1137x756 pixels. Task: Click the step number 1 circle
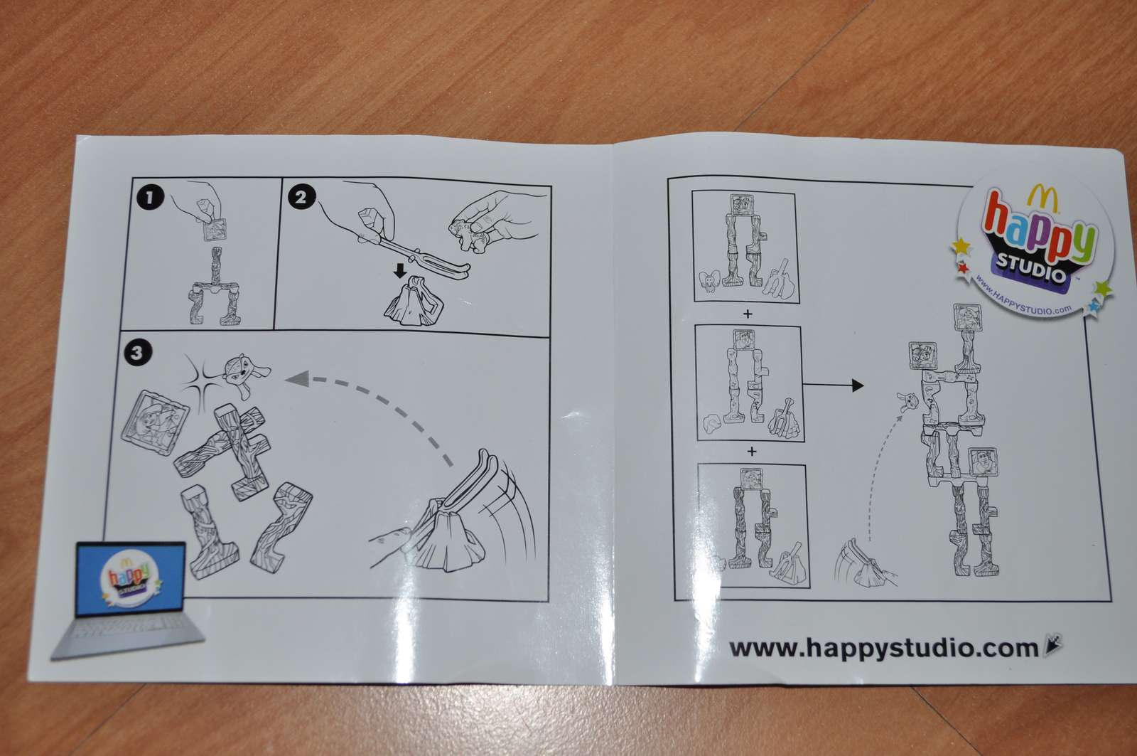coord(150,197)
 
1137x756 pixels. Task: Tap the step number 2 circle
coord(301,196)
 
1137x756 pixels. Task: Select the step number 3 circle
coord(137,351)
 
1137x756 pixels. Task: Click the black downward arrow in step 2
coord(401,270)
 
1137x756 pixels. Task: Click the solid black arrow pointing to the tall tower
coord(832,385)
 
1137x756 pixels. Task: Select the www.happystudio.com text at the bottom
coord(884,648)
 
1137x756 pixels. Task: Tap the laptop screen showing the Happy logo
coord(130,579)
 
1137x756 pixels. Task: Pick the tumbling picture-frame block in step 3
coord(155,421)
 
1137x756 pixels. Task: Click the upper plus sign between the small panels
coord(747,314)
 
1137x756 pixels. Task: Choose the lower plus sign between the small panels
coord(752,451)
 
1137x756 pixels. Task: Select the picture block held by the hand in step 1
coord(215,230)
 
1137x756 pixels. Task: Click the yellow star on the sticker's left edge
coord(961,247)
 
